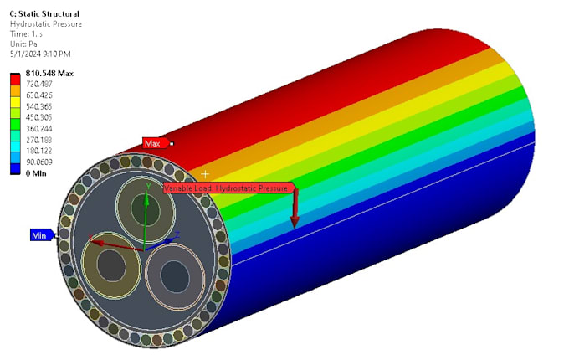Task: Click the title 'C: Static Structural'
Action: coord(44,14)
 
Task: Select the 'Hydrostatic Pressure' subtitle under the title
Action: coord(46,24)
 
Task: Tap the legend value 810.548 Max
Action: coord(51,74)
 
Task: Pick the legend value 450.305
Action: coord(44,118)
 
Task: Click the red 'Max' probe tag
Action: coord(153,143)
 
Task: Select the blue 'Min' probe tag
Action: coord(39,235)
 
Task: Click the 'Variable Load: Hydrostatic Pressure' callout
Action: coord(228,188)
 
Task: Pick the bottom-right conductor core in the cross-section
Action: coord(175,274)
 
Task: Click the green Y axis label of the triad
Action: coord(147,186)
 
